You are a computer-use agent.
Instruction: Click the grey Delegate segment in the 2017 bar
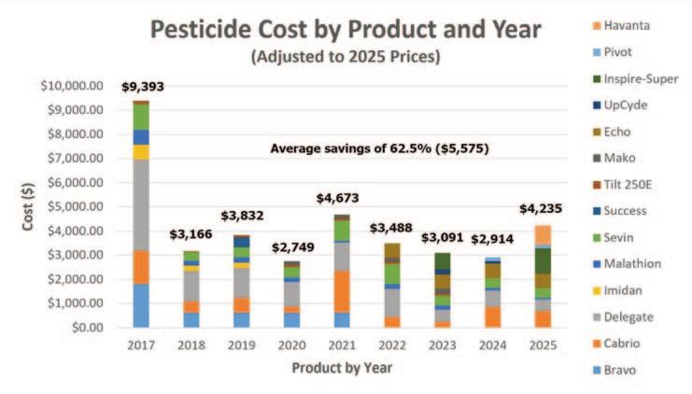[141, 204]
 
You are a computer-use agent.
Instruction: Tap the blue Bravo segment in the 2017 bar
[141, 305]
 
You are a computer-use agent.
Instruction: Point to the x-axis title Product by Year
[343, 367]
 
